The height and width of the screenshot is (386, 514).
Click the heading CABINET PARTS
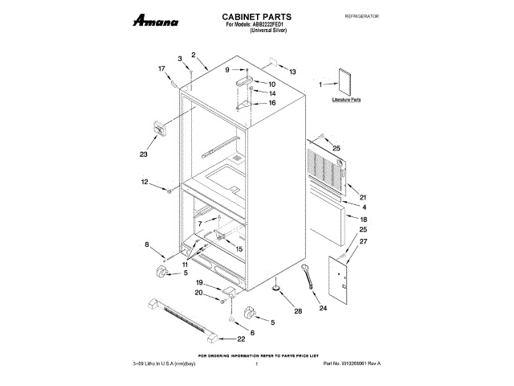click(256, 17)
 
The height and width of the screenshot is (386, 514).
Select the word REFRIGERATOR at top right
click(361, 17)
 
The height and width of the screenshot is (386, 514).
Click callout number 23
click(145, 154)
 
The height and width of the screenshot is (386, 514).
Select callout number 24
click(323, 307)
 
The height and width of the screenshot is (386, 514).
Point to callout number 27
click(363, 242)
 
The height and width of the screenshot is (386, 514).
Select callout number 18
click(363, 219)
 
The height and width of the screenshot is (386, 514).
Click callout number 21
click(363, 197)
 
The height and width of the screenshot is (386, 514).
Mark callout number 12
click(145, 183)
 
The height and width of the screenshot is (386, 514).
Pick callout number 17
click(161, 68)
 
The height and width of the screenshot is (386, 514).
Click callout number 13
click(292, 72)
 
